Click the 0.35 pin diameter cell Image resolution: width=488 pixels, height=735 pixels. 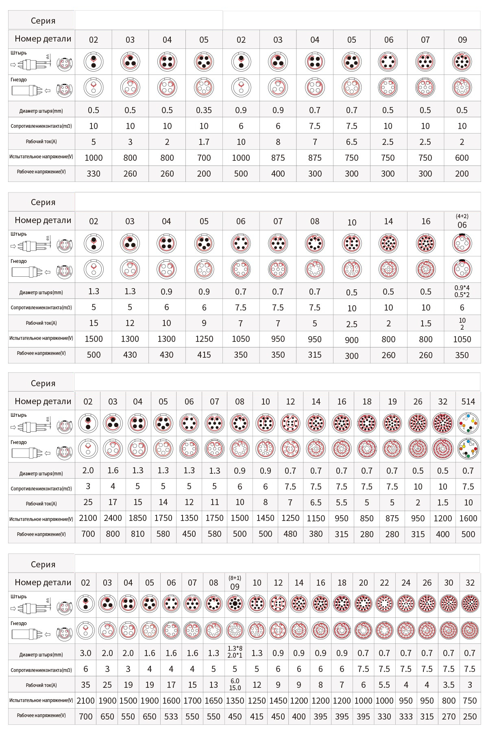click(204, 110)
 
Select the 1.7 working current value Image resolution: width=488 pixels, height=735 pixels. click(204, 142)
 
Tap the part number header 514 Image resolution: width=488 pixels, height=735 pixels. click(468, 402)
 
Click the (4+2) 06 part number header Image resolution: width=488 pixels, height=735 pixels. click(462, 221)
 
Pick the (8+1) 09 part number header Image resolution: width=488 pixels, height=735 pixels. click(235, 583)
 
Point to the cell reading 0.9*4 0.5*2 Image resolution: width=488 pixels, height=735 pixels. click(462, 291)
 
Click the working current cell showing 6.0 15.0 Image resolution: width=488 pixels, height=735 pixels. click(235, 685)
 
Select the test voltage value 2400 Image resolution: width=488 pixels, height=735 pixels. click(113, 518)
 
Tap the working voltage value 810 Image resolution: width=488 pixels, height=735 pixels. click(137, 534)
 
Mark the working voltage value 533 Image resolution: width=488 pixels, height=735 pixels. click(171, 716)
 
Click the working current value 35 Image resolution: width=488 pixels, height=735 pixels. click(85, 685)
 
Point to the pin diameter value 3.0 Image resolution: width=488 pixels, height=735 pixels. click(85, 653)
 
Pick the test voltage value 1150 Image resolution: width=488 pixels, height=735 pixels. click(316, 518)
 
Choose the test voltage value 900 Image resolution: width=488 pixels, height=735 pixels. click(351, 340)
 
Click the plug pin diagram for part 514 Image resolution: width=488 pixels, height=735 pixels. click(468, 423)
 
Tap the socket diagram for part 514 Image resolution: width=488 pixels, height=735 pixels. click(468, 449)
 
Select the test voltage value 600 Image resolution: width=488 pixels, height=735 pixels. click(462, 158)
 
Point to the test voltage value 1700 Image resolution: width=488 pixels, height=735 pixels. click(192, 701)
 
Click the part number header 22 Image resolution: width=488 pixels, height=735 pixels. click(384, 583)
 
